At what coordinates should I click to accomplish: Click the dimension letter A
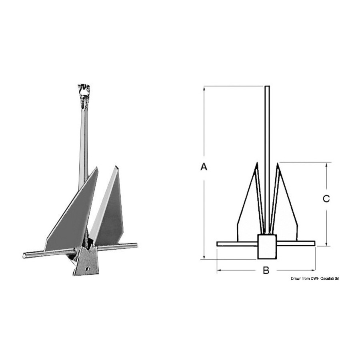[204, 166]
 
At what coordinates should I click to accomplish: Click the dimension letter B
[266, 270]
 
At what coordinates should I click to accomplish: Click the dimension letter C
[326, 198]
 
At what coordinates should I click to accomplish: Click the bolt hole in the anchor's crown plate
[88, 268]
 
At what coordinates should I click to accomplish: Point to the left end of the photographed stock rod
[24, 255]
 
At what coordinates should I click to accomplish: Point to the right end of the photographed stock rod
[136, 245]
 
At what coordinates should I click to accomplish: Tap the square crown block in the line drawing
[267, 246]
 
